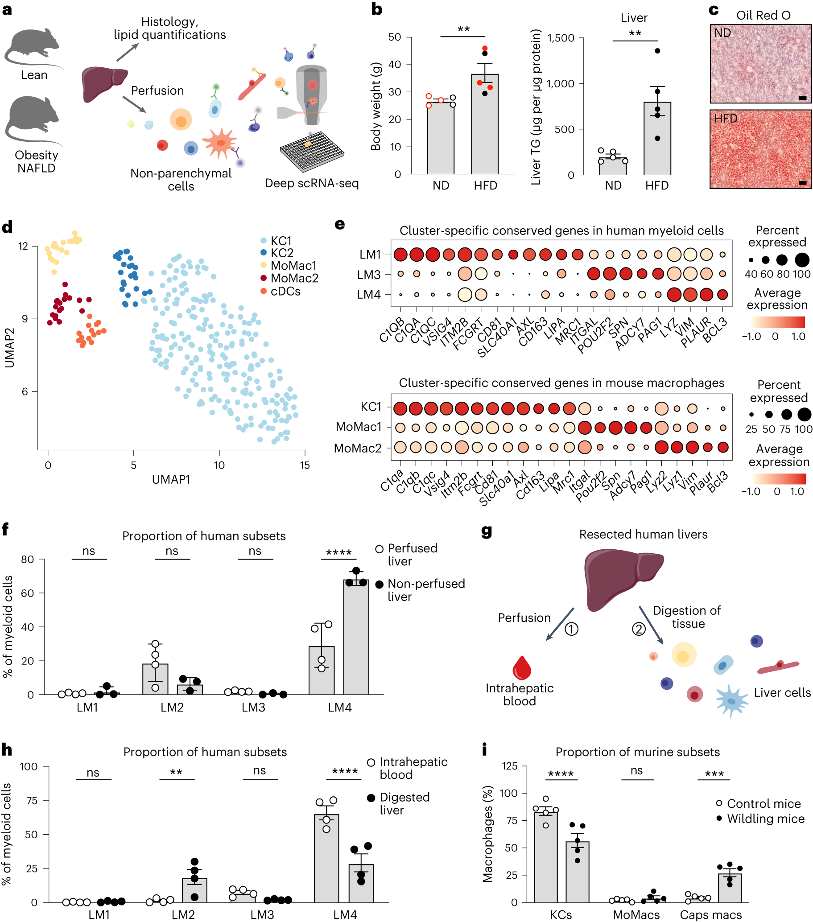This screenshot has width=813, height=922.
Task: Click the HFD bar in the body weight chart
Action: coord(485,126)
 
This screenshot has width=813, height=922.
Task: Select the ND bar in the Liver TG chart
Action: coord(613,166)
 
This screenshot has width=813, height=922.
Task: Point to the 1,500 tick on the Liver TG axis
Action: coord(561,38)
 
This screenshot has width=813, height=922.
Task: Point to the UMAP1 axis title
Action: coord(171,479)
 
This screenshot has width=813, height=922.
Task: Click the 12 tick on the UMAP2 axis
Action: coord(23,246)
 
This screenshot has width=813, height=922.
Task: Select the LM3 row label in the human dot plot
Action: coord(369,275)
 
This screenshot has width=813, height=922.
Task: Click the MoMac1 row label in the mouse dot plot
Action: coord(359,427)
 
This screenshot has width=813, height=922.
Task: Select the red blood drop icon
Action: coord(522,667)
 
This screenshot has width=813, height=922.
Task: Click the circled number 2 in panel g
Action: coord(638,629)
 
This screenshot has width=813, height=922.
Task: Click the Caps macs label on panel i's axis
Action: coord(710,915)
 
